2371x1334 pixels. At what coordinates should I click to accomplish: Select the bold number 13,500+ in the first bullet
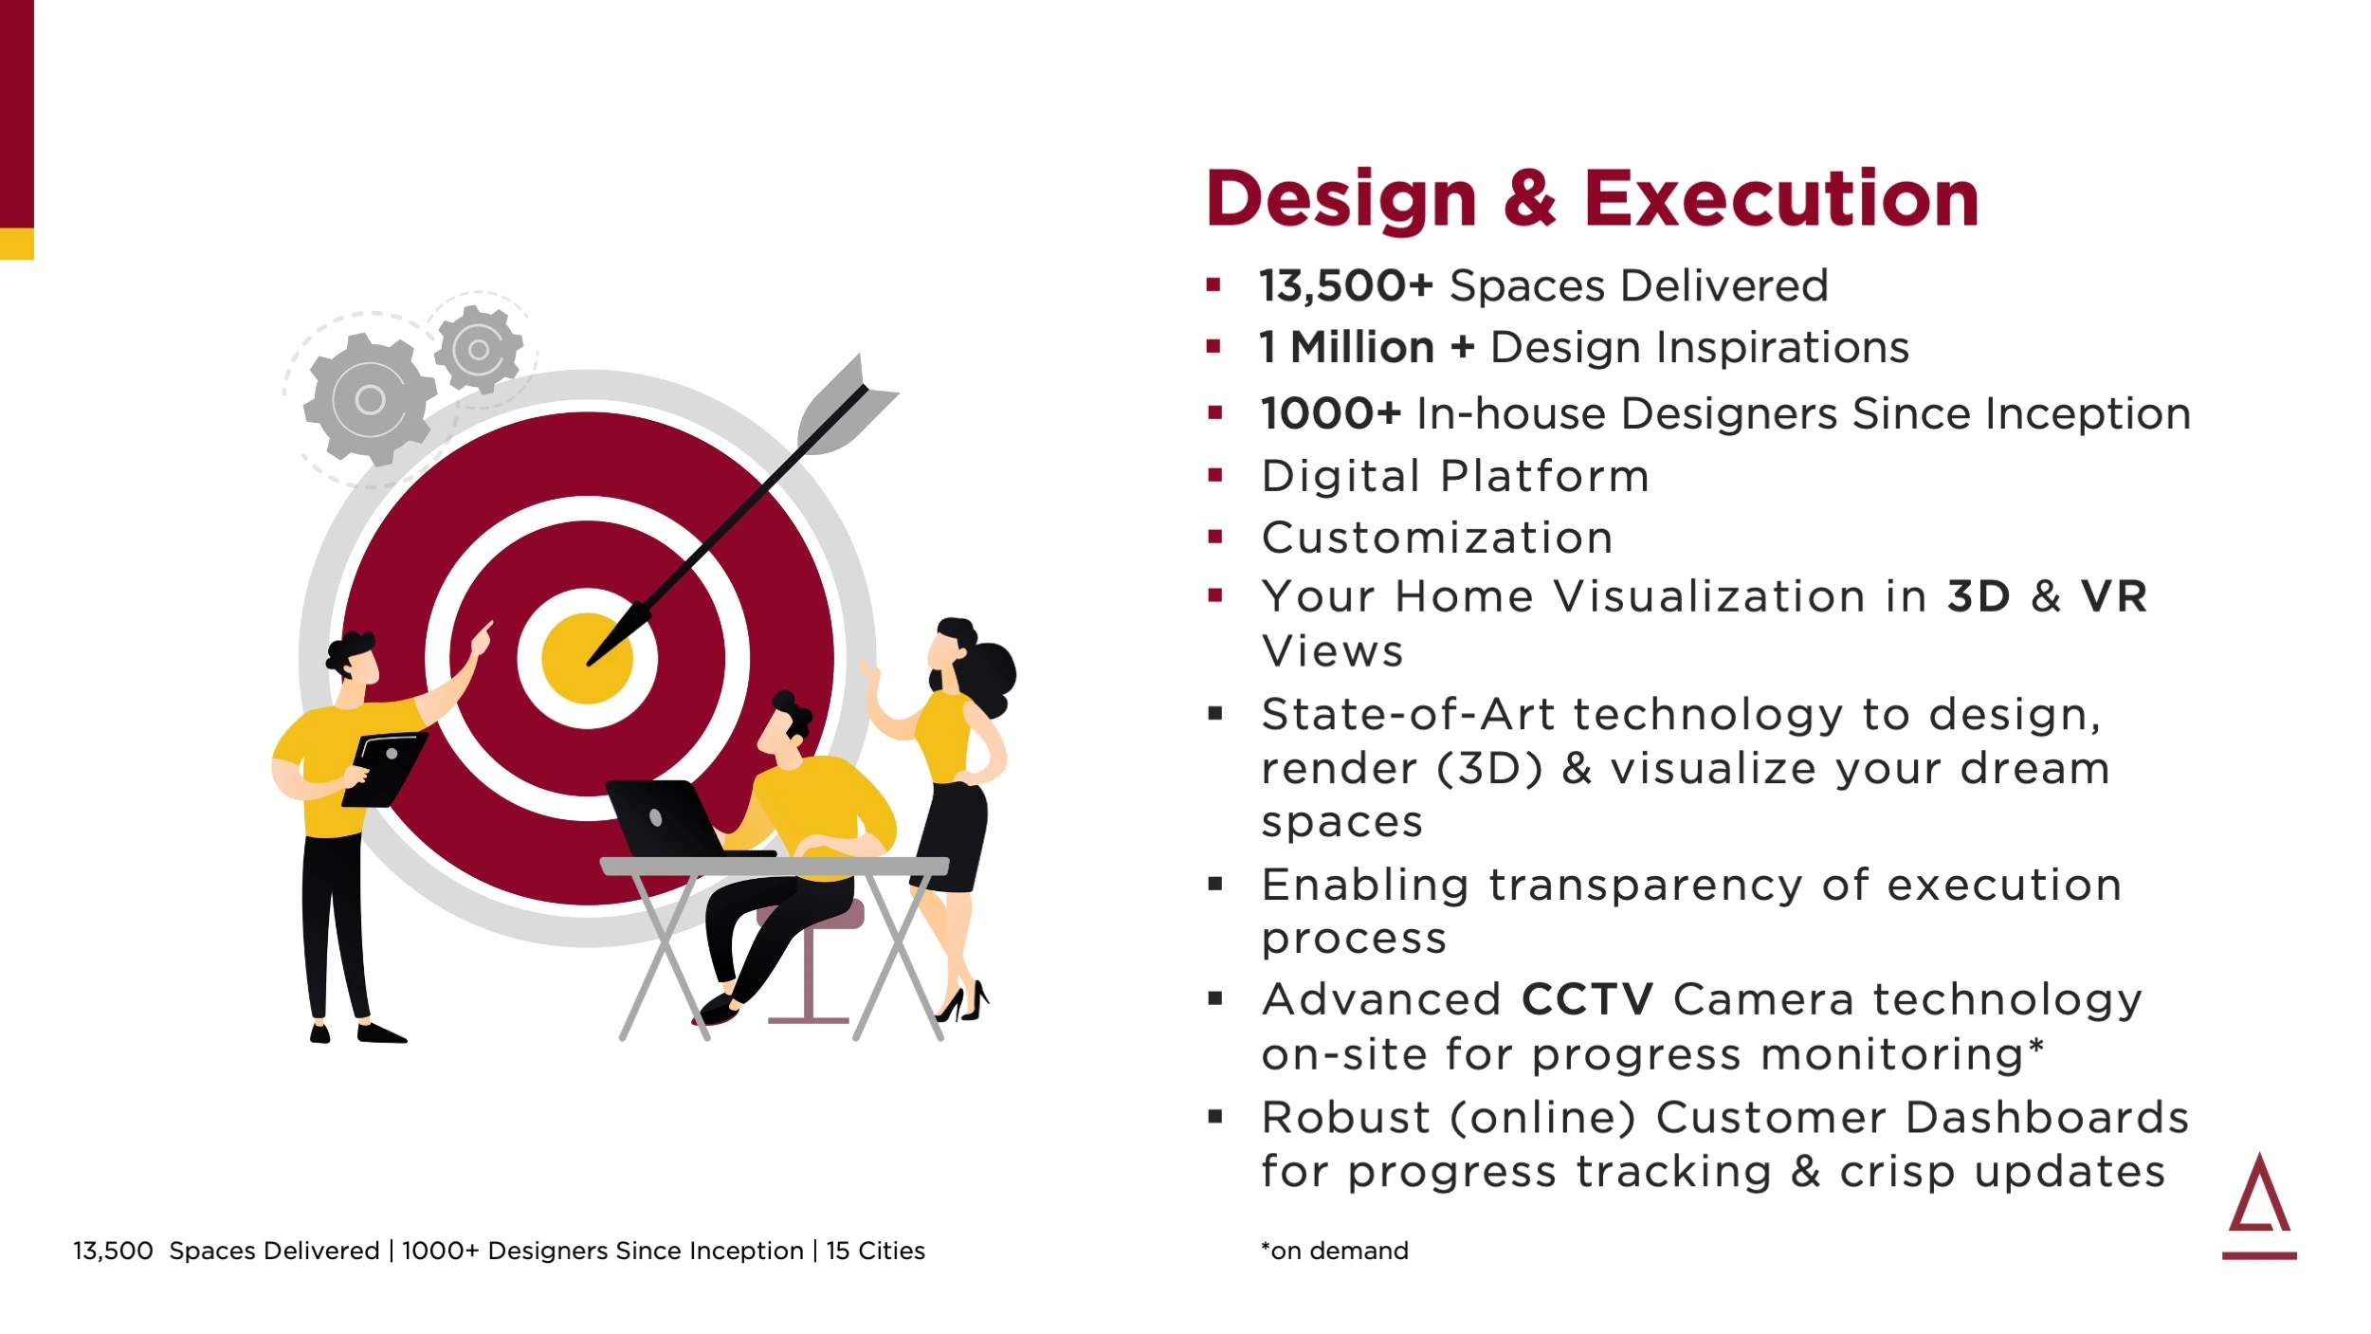click(x=1345, y=286)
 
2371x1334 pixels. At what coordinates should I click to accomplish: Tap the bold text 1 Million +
click(x=1366, y=347)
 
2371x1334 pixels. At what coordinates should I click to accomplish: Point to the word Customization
click(x=1436, y=538)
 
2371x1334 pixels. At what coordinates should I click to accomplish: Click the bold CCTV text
click(x=1587, y=999)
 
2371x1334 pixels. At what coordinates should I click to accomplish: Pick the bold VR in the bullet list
click(x=2113, y=596)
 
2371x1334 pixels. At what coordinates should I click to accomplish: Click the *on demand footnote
click(x=1334, y=1251)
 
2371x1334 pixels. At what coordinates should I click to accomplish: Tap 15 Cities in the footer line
click(x=875, y=1251)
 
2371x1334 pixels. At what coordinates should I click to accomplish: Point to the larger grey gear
click(x=370, y=399)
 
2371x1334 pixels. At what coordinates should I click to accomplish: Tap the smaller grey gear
click(x=479, y=349)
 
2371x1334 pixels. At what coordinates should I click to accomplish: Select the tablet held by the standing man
click(x=384, y=769)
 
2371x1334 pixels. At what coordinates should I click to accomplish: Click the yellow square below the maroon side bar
click(x=17, y=244)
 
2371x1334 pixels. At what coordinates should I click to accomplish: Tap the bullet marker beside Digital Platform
click(x=1215, y=475)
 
